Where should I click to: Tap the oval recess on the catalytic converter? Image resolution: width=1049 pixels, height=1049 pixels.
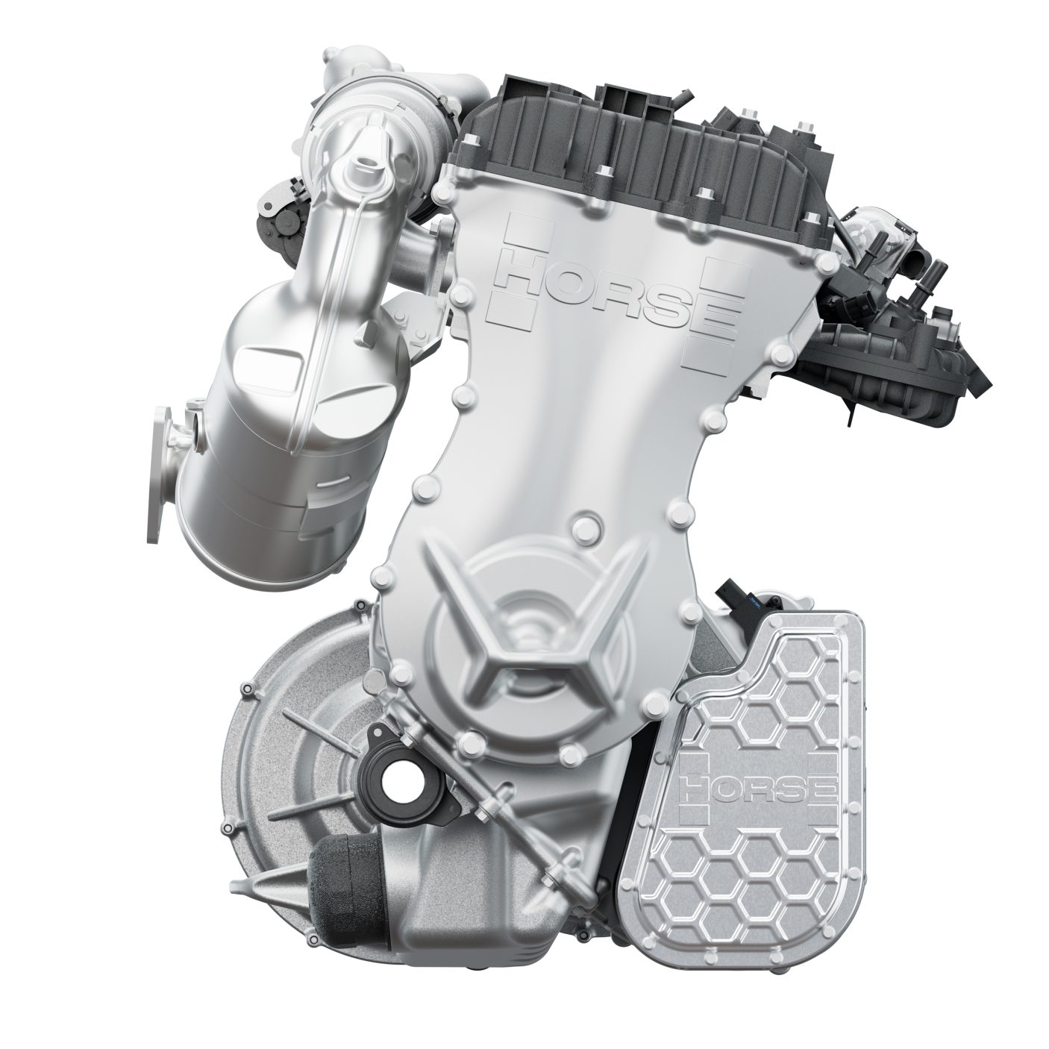[269, 364]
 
